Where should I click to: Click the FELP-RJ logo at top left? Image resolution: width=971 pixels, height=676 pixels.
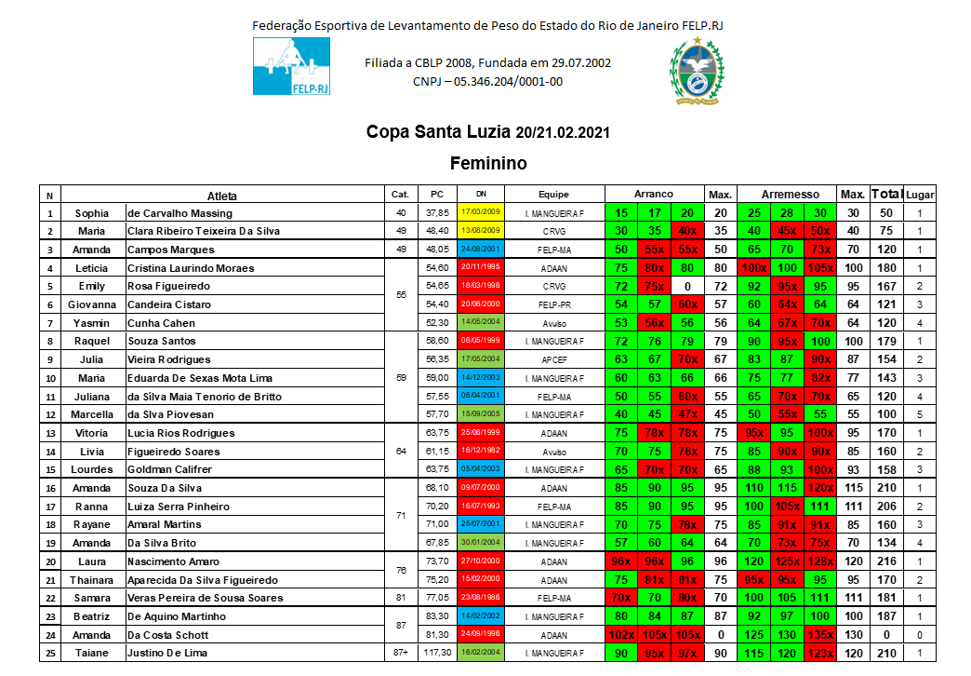pyautogui.click(x=291, y=66)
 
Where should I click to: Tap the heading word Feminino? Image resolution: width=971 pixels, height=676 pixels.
pyautogui.click(x=488, y=164)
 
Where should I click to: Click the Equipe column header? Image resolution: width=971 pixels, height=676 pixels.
pyautogui.click(x=552, y=195)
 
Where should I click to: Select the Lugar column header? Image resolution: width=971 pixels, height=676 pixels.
pyautogui.click(x=920, y=195)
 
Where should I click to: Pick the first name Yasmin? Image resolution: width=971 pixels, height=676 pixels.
pyautogui.click(x=92, y=323)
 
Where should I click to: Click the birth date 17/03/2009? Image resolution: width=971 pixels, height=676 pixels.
pyautogui.click(x=480, y=212)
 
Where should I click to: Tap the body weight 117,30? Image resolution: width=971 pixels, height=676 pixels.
pyautogui.click(x=437, y=653)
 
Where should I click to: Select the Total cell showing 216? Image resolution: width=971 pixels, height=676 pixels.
pyautogui.click(x=886, y=561)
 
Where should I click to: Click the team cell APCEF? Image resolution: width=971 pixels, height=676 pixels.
pyautogui.click(x=552, y=359)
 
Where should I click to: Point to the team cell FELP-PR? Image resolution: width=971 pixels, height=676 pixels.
pyautogui.click(x=552, y=304)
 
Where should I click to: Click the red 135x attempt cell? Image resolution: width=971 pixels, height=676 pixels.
pyautogui.click(x=819, y=635)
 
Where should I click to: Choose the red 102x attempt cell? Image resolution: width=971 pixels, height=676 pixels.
pyautogui.click(x=620, y=635)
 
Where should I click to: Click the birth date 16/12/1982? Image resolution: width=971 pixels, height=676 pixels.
pyautogui.click(x=480, y=451)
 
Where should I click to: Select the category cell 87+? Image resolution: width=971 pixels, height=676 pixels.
pyautogui.click(x=401, y=653)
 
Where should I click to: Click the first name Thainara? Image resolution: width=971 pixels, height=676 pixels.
pyautogui.click(x=92, y=580)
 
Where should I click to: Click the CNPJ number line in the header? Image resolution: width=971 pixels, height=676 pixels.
pyautogui.click(x=487, y=82)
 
